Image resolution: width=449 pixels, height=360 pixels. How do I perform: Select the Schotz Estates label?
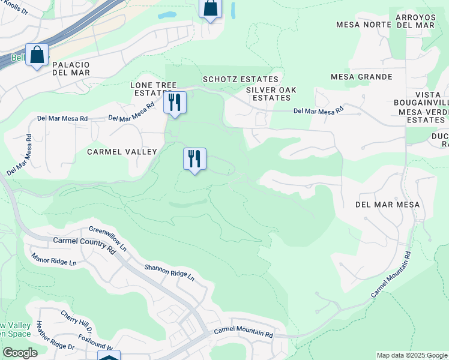[x=241, y=79]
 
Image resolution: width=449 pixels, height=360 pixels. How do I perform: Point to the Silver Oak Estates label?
[x=271, y=94]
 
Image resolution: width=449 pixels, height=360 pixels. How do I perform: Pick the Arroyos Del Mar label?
[x=419, y=20]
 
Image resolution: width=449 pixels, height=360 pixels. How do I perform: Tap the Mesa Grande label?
[x=361, y=77]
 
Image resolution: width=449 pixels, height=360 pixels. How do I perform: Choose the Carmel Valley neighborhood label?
[x=122, y=152]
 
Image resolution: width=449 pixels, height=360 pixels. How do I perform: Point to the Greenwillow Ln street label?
[x=108, y=238]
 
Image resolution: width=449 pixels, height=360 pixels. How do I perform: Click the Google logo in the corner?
[x=20, y=353]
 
